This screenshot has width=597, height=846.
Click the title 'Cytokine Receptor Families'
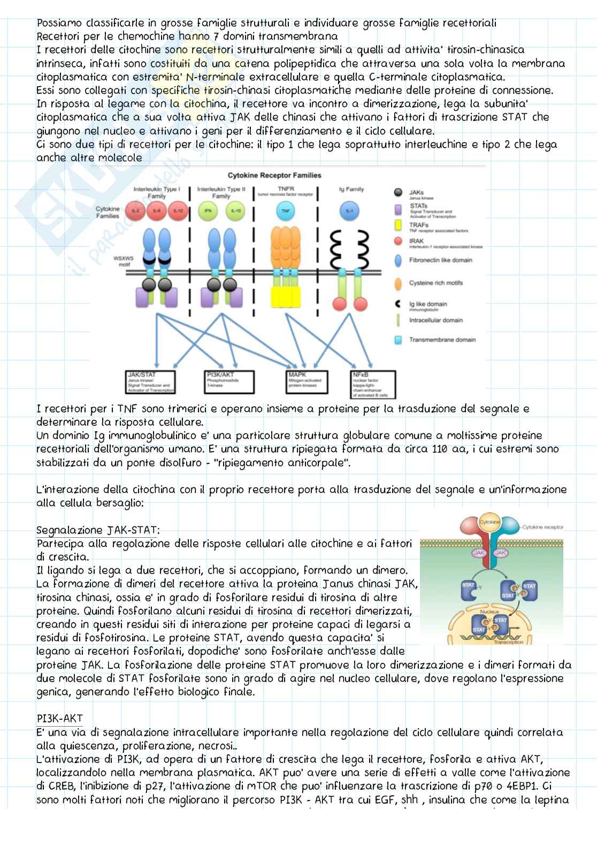pos(274,175)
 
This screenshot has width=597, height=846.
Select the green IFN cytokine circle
pos(208,211)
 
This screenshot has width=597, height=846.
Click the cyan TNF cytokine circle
pos(285,211)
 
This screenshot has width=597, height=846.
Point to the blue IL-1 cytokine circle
pos(349,211)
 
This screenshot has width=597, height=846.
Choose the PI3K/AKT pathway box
pos(229,382)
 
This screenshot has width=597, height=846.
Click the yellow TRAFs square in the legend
pos(398,225)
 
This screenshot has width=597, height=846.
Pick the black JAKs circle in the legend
pos(398,193)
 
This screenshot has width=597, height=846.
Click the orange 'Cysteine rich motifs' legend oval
pos(398,283)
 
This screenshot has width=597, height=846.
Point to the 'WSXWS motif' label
pos(124,261)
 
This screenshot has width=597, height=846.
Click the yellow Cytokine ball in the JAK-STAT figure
pos(489,522)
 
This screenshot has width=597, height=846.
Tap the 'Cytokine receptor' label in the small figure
pos(542,527)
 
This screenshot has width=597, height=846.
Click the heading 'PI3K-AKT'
pos(59,719)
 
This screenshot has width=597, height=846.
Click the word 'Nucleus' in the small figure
pos(489,611)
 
